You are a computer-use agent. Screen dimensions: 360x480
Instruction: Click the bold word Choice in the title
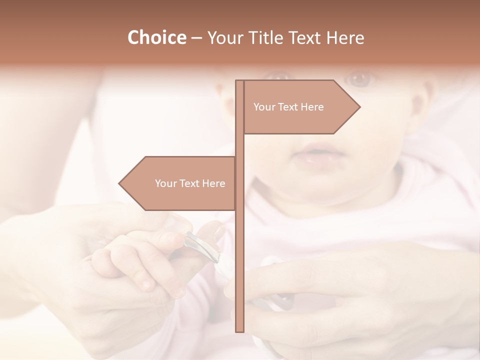pyautogui.click(x=156, y=37)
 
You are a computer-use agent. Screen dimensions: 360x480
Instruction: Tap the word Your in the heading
pyautogui.click(x=223, y=37)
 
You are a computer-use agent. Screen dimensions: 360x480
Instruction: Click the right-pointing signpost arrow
pyautogui.click(x=300, y=107)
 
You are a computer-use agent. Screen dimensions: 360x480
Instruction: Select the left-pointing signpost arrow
pyautogui.click(x=180, y=183)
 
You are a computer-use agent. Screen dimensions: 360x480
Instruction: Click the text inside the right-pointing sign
pyautogui.click(x=288, y=107)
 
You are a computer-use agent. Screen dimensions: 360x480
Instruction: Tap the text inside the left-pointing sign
pyautogui.click(x=190, y=183)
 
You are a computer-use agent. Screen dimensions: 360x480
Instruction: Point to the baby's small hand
pyautogui.click(x=135, y=260)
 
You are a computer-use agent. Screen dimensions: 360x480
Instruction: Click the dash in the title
pyautogui.click(x=196, y=37)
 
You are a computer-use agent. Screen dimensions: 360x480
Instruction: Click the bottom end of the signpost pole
pyautogui.click(x=240, y=329)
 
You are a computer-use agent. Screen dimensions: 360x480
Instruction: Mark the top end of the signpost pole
pyautogui.click(x=240, y=82)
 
